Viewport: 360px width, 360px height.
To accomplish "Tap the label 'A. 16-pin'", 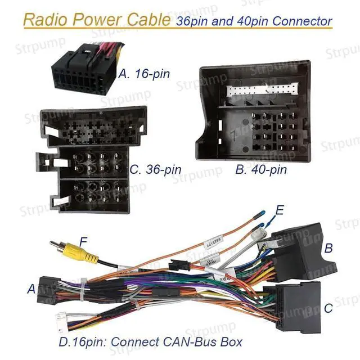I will tap(144, 73).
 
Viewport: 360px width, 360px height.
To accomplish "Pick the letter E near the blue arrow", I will tap(280, 210).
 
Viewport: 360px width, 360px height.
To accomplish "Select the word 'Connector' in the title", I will tap(301, 22).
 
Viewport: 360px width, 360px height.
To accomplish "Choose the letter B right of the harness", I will tap(329, 248).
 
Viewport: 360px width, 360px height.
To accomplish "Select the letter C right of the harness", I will tap(328, 308).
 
